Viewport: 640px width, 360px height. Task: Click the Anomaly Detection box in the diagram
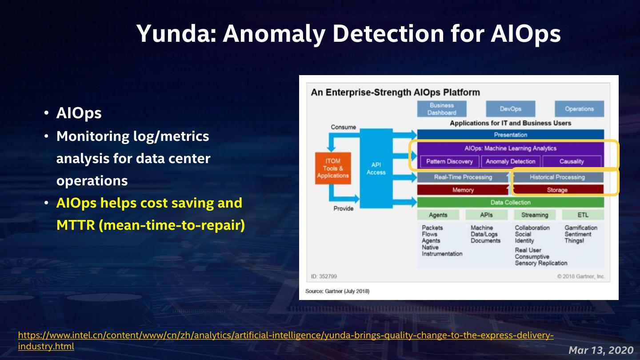click(x=511, y=161)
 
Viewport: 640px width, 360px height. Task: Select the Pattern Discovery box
click(x=449, y=161)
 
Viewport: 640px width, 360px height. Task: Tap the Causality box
click(x=572, y=161)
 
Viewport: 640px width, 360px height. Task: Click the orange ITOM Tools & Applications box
click(x=333, y=168)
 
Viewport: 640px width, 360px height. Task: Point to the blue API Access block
click(x=376, y=168)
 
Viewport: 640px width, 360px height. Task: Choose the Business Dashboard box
click(x=442, y=109)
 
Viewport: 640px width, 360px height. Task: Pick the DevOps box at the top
click(x=510, y=109)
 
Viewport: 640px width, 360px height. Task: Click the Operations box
click(x=579, y=109)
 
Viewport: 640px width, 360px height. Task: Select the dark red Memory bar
click(x=463, y=190)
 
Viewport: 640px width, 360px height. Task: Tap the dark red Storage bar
click(x=557, y=190)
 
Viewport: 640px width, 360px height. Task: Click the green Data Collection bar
click(x=510, y=202)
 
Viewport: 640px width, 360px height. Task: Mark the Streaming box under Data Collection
click(x=535, y=215)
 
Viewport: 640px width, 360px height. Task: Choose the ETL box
click(x=583, y=215)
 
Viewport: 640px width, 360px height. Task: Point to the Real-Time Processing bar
click(x=463, y=177)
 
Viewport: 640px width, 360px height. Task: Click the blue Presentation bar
click(x=510, y=135)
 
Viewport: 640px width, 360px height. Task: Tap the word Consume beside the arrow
click(x=343, y=127)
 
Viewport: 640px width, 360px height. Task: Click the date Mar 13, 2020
click(x=601, y=350)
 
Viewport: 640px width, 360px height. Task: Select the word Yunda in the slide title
click(x=175, y=33)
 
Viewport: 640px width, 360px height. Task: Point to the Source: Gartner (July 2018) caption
click(x=337, y=291)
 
